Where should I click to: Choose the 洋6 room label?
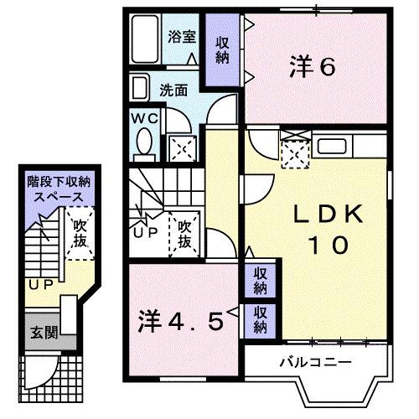pos(313,66)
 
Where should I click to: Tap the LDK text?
pos(318,215)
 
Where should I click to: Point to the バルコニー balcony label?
pos(314,361)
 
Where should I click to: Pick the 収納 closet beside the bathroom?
pos(222,49)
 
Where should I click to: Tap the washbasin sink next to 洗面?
pos(140,87)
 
